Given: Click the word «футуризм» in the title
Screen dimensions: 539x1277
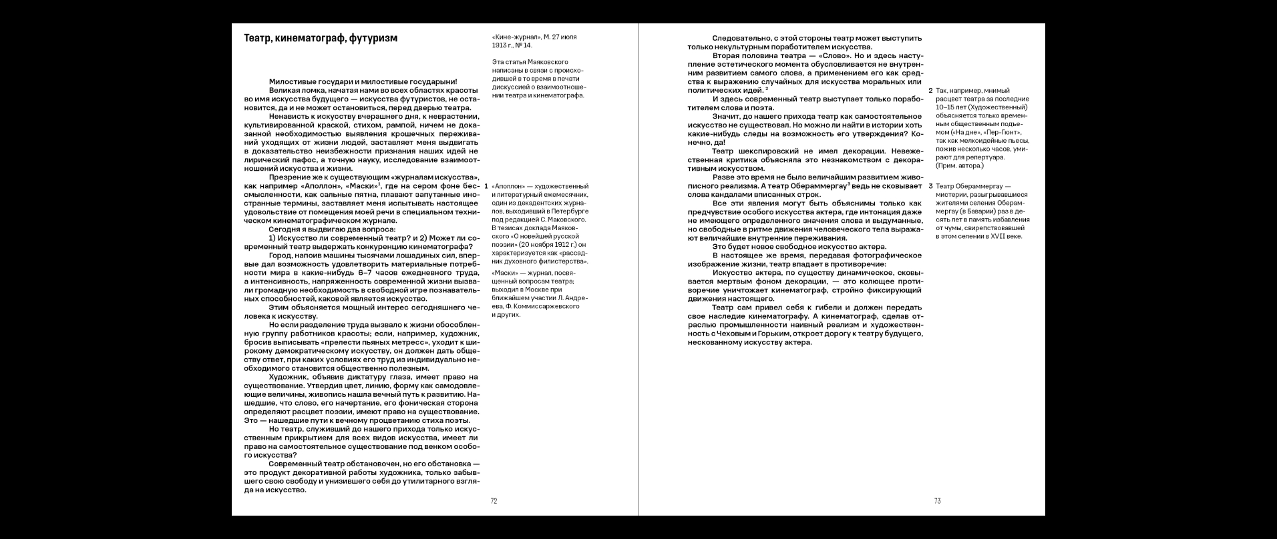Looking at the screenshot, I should [373, 39].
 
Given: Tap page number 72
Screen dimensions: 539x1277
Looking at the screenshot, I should [494, 501].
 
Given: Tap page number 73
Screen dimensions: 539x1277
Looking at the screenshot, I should [937, 501].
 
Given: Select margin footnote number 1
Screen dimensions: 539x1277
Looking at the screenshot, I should [486, 185].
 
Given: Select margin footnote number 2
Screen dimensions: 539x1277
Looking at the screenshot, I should [931, 91].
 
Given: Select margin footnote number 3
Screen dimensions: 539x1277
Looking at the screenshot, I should [931, 186].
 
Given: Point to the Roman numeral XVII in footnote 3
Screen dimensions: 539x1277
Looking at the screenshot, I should [993, 236].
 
